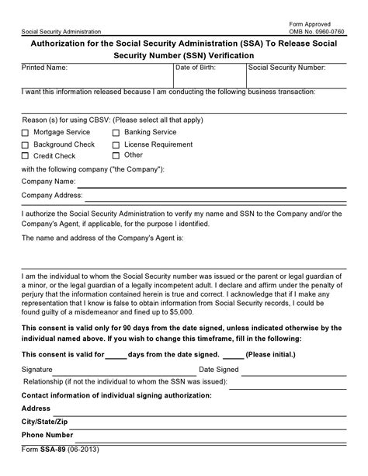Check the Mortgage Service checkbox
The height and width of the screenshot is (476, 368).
(25, 134)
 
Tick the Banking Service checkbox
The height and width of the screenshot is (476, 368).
(116, 134)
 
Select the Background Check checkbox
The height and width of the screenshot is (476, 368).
(25, 144)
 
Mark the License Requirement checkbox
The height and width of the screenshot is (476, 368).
(116, 144)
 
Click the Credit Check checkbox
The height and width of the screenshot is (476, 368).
(25, 155)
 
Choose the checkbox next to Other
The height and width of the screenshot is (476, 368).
(116, 155)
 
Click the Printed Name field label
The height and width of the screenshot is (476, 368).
(45, 68)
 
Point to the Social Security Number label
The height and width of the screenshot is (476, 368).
(286, 68)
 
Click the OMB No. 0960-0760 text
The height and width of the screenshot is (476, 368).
(323, 30)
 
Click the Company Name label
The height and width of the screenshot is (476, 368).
(48, 182)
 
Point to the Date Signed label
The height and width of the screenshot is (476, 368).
(219, 370)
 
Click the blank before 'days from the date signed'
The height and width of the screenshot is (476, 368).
(116, 354)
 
